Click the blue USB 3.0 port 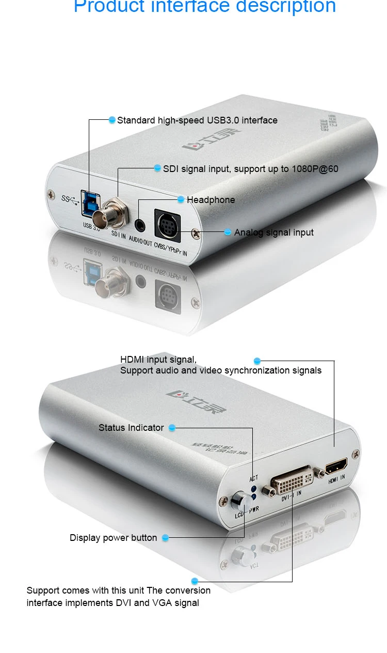[88, 204]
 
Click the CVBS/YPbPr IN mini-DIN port [166, 224]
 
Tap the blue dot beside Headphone [181, 199]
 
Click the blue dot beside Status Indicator [172, 428]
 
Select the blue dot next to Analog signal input [228, 232]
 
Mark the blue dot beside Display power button [166, 538]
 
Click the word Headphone [211, 200]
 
